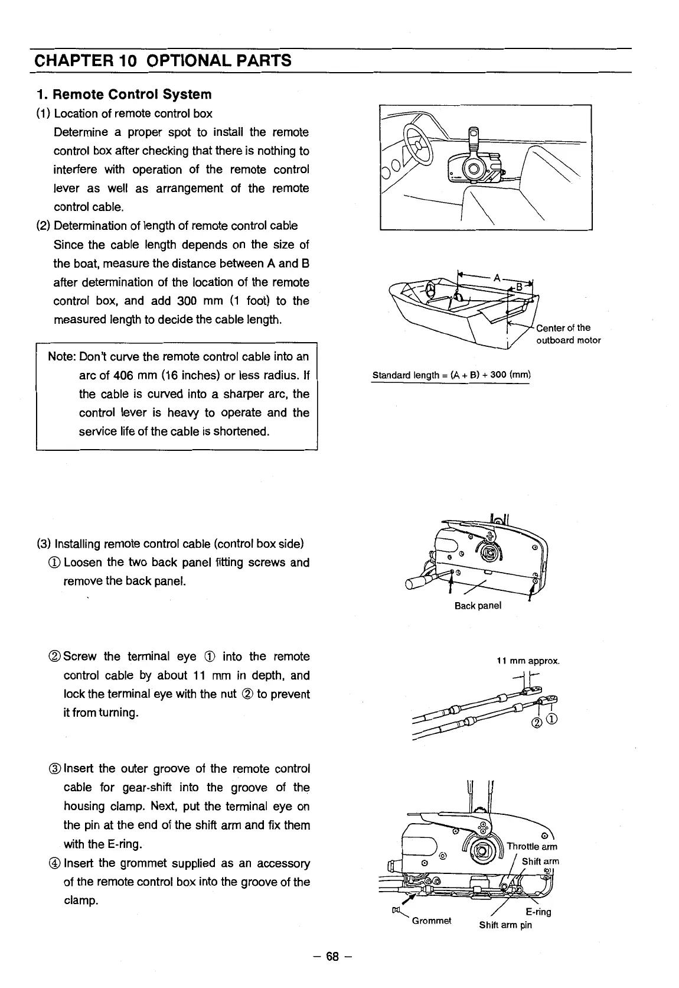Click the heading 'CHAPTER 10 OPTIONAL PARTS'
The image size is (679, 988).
point(163,60)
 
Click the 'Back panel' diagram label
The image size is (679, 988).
point(478,606)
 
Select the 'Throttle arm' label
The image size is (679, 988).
point(532,846)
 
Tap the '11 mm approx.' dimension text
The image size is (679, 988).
point(527,661)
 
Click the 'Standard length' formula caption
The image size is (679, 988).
point(452,375)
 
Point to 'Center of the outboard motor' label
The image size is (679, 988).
point(567,334)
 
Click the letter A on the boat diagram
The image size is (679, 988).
point(497,277)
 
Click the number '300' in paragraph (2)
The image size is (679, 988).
point(188,301)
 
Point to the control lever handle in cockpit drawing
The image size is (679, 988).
point(472,140)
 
